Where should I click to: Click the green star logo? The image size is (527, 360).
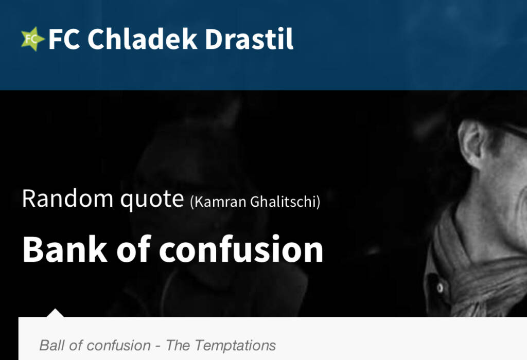point(32,39)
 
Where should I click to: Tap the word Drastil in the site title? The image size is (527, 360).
point(249,39)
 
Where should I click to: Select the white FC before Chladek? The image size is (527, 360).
point(64,39)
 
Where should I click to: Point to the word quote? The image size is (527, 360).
point(152,200)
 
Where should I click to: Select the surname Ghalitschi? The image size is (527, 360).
point(284,202)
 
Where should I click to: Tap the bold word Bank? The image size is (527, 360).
point(65,249)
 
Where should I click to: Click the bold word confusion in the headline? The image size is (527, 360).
point(241,249)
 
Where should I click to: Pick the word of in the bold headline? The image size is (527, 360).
point(133,249)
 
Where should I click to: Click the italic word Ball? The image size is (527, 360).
point(52,345)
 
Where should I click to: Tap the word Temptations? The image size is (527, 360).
point(235,345)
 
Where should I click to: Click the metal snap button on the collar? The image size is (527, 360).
point(440,288)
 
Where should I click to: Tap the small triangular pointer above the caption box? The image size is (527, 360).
point(55,313)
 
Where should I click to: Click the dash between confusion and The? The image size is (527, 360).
point(158,346)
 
